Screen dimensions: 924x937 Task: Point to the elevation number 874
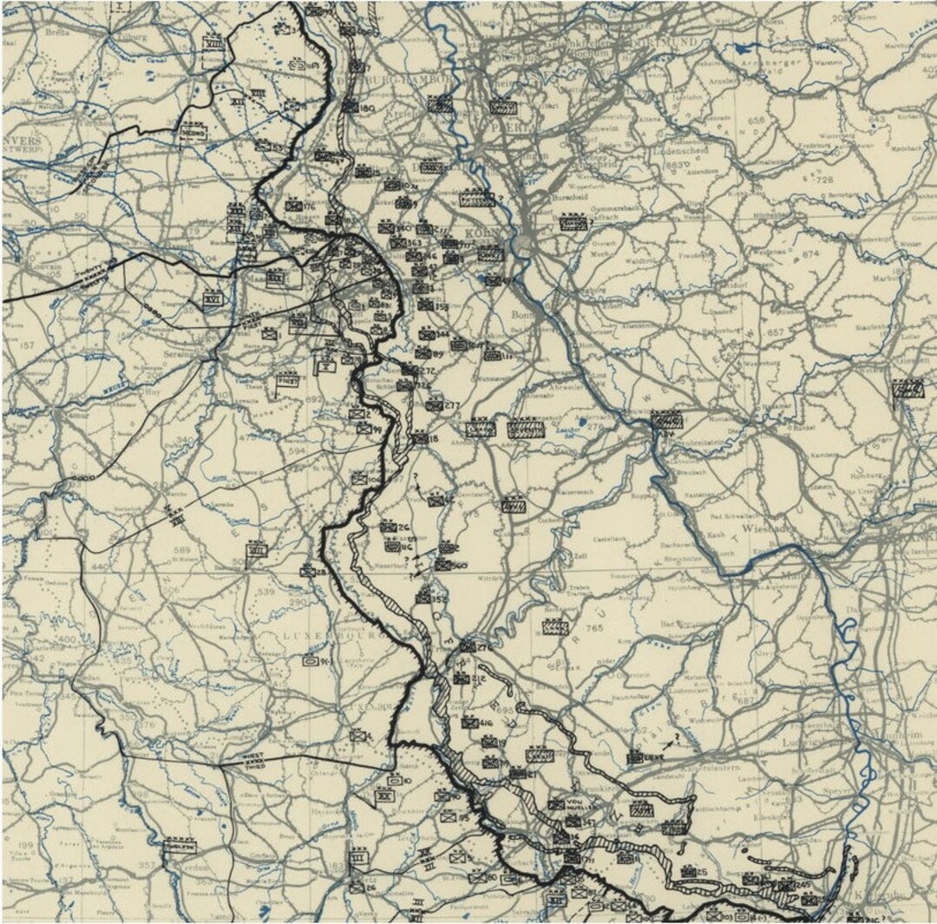[x=809, y=254]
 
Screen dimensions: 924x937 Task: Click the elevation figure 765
[x=594, y=627]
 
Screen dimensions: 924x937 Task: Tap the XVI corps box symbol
[x=213, y=298]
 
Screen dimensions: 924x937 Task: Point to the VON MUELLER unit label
[x=574, y=801]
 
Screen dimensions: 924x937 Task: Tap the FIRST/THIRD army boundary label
[x=254, y=761]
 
